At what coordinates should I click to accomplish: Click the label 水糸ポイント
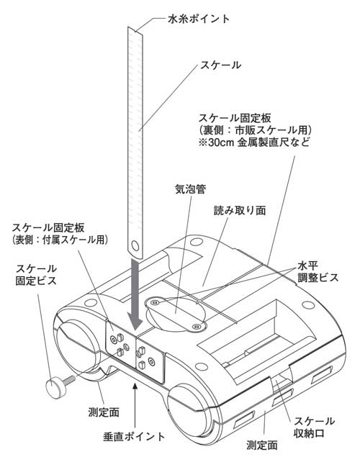tap(199, 19)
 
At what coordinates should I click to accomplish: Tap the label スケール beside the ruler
tap(220, 65)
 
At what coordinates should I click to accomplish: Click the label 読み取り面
tap(240, 210)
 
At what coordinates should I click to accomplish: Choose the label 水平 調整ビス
tap(318, 271)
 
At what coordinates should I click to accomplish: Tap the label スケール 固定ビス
tap(36, 274)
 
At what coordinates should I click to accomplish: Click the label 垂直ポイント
tap(135, 436)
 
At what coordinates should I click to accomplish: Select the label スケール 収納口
tap(314, 427)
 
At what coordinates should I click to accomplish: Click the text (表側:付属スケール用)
tap(60, 239)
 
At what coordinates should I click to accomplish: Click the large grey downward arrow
tap(135, 294)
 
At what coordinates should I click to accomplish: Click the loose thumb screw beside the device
tap(59, 386)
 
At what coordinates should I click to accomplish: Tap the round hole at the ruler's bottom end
tap(135, 245)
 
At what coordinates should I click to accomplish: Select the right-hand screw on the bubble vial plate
tap(197, 326)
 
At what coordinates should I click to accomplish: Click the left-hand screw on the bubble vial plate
tap(155, 302)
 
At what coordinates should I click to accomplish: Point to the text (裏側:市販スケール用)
tap(256, 130)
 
